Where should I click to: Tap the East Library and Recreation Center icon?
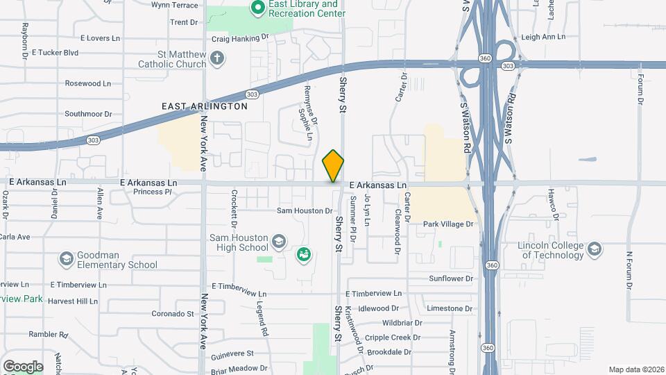258,8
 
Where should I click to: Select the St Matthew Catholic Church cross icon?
217,58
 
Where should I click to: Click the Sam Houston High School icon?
278,240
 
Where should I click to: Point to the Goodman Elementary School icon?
66,259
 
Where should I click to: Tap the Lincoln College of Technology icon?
594,249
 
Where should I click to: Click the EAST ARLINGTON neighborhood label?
205,106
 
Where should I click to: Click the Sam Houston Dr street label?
305,210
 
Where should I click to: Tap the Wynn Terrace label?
175,5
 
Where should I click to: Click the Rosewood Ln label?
87,83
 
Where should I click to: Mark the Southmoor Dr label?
88,113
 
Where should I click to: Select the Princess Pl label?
152,192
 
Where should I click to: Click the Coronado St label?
173,314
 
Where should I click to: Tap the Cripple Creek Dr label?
393,337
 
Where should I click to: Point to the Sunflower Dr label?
450,278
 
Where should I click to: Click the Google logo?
23,366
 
